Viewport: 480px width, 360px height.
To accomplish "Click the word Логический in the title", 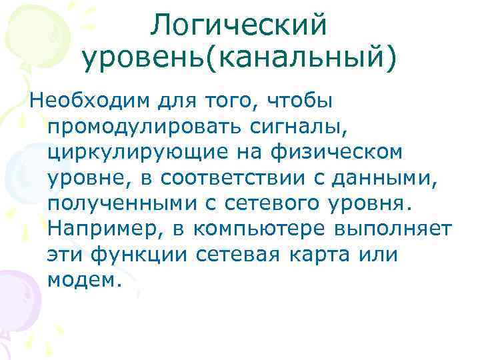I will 239,27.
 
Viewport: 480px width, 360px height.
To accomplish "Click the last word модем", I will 84,279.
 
